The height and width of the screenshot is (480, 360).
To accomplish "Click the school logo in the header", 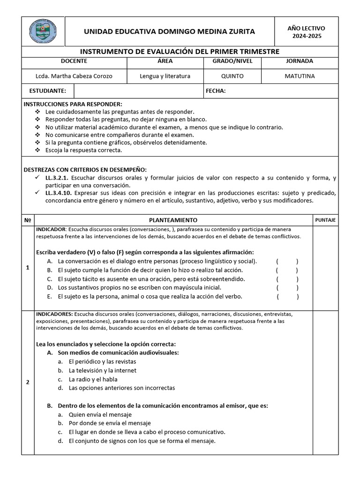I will tap(43, 31).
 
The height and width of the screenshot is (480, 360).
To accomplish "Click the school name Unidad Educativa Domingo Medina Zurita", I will tap(169, 31).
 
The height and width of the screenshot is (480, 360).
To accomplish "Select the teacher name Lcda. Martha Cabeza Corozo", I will tap(74, 76).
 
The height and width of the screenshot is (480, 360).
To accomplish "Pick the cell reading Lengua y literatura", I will tap(165, 76).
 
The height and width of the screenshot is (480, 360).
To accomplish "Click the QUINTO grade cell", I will tap(232, 76).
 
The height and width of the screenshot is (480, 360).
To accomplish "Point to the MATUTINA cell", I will tap(300, 76).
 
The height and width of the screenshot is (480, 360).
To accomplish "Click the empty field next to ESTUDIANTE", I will tap(138, 91).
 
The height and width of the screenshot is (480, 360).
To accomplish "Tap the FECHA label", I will tap(216, 91).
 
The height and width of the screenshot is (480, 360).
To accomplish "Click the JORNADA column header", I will tap(300, 61).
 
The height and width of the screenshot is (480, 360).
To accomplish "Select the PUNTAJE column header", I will tap(325, 220).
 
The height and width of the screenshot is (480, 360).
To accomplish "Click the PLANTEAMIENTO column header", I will tap(173, 220).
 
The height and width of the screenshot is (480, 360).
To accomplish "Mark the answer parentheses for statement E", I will tap(287, 297).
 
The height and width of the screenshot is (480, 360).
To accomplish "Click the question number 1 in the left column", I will tap(28, 268).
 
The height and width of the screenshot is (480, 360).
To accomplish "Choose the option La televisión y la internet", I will tap(102, 370).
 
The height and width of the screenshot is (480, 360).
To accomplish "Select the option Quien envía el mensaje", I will tap(100, 415).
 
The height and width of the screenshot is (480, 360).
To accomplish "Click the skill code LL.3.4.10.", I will tap(59, 193).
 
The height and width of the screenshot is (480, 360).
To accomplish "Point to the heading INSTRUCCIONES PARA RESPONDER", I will tap(73, 104).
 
